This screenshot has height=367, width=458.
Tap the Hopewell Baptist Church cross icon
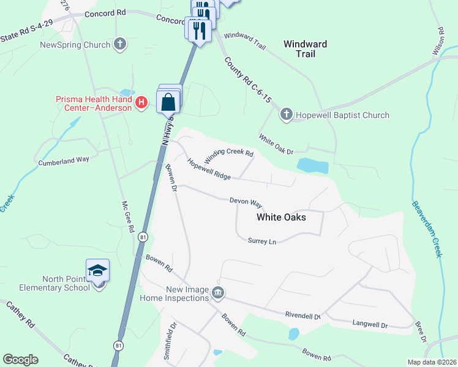pos(286,114)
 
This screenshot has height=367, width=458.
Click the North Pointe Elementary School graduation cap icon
pos(97,271)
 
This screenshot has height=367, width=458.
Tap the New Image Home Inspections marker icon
pos(217,294)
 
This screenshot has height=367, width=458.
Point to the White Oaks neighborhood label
pos(281,217)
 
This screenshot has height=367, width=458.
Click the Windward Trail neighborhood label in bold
pos(305,49)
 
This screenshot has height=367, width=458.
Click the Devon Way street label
pos(246,201)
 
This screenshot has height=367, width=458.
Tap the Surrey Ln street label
pos(262,242)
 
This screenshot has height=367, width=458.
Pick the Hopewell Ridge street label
pos(209,169)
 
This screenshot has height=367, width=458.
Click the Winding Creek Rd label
pos(228,155)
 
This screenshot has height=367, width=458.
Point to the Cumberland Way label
pos(64,161)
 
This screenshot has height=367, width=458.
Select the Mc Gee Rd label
pos(127,217)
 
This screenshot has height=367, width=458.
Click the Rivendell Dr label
pos(302,316)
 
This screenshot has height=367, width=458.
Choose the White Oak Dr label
pos(276,144)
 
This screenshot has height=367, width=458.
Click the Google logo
pos(20,360)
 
